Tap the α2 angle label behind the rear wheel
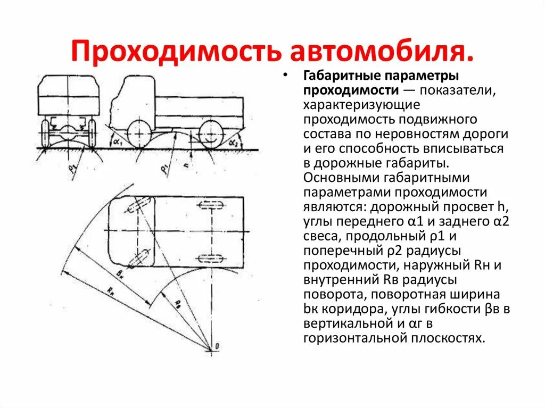pos(233,143)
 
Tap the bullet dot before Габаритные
pos(288,75)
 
